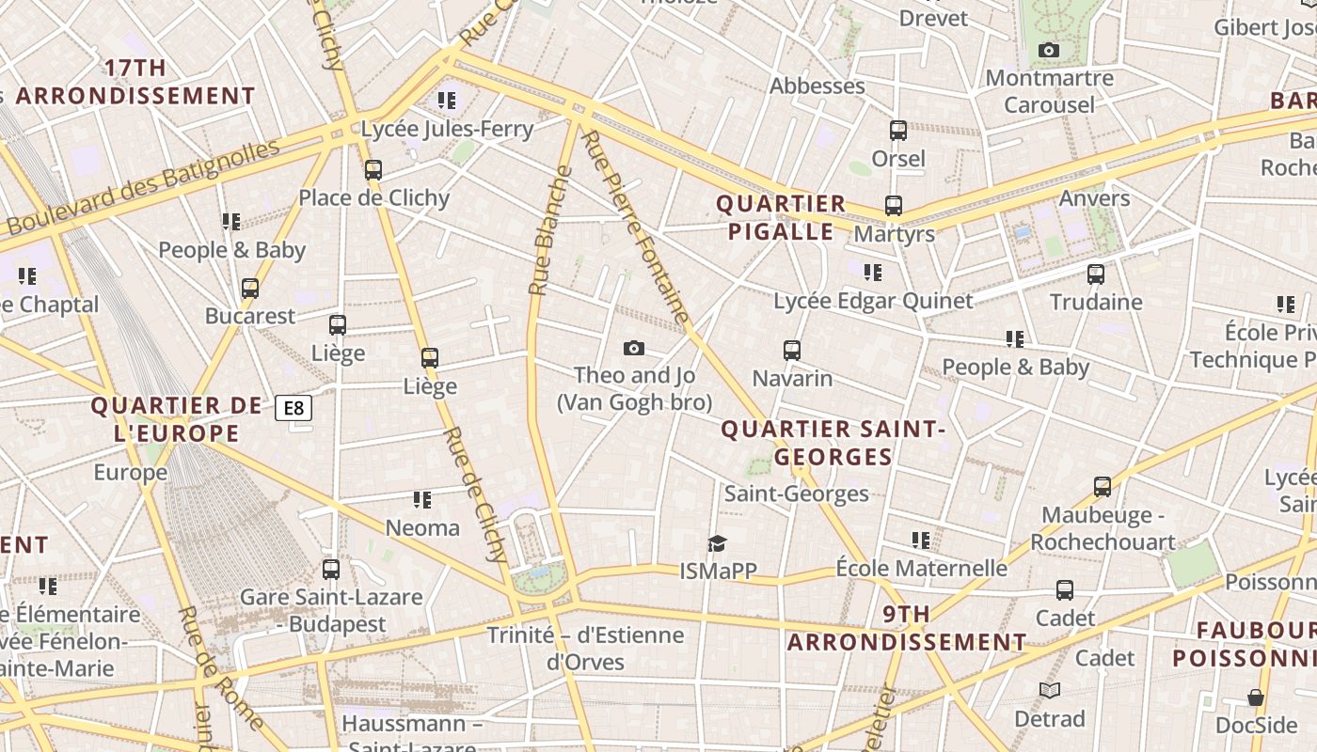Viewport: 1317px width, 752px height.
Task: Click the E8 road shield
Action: pos(294,408)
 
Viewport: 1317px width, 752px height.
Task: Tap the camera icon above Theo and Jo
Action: pos(634,349)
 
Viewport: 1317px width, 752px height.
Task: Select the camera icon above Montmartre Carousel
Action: pos(1049,51)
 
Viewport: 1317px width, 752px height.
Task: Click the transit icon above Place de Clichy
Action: pos(373,170)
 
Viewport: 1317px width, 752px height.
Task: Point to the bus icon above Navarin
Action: pos(792,351)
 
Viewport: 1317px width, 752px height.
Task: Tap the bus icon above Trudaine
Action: pos(1096,274)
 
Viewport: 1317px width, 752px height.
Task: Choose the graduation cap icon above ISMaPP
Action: pos(718,543)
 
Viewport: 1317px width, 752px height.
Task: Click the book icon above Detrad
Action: pos(1050,691)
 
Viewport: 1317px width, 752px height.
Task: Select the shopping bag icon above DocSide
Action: pos(1256,697)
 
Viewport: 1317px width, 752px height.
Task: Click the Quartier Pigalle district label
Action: pos(781,217)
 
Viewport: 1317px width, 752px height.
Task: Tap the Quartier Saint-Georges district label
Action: pos(833,443)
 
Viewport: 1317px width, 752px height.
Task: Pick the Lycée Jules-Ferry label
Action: pos(447,129)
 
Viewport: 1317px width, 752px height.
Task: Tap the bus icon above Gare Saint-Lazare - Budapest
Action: pos(331,569)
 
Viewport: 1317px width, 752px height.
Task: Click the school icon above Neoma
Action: pos(422,499)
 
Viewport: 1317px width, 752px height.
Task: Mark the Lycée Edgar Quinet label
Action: pos(873,301)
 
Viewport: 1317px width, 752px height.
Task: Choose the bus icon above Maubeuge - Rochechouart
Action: pos(1103,487)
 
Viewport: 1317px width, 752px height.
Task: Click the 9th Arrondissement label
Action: pos(907,628)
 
